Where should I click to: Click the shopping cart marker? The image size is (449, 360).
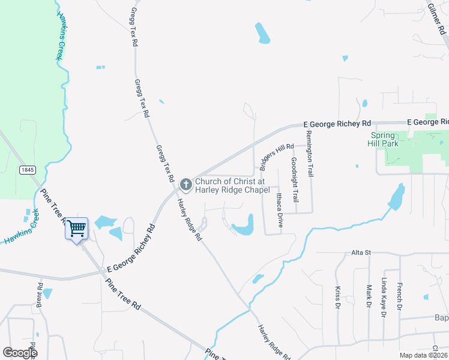pos(76,228)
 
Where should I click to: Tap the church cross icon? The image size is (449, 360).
pos(185,184)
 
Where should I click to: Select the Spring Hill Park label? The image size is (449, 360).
pos(391,140)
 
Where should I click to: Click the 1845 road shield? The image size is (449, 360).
pos(27,170)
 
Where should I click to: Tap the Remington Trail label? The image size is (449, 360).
pos(310,154)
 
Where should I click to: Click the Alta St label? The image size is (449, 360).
pos(362,253)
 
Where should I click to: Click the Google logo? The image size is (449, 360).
pos(20,352)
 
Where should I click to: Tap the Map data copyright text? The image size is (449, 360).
pos(422,355)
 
